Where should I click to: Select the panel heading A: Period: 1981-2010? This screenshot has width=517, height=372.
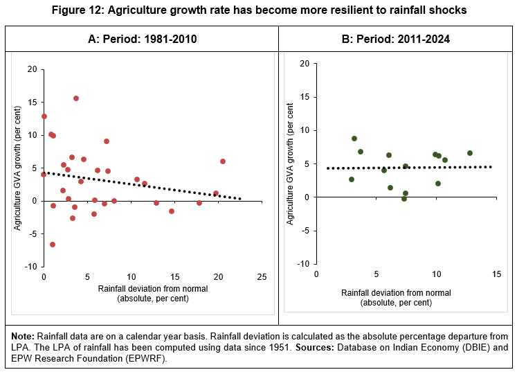[142, 39]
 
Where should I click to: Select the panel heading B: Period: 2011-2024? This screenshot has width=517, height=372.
[397, 39]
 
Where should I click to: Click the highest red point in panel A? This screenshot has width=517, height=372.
[76, 98]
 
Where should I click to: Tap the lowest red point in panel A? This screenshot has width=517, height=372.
[53, 245]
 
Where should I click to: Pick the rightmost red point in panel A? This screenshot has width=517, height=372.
[223, 161]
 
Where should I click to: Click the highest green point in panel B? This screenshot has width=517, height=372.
[354, 139]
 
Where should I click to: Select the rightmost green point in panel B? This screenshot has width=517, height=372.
[470, 153]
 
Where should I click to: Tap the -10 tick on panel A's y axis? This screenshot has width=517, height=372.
[32, 267]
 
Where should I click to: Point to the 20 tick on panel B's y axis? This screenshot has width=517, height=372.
[304, 64]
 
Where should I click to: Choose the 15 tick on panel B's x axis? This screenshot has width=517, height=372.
[496, 274]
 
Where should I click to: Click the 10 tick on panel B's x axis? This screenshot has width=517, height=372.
[436, 274]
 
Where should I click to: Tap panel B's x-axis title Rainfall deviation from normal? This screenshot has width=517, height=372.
[396, 293]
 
